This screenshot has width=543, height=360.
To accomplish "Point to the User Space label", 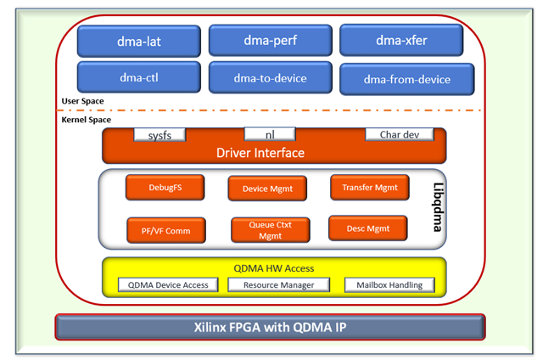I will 83,102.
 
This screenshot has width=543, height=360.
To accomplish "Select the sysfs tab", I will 159,134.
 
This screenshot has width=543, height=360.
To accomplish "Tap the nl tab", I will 270,133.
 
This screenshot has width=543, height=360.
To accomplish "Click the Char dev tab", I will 399,133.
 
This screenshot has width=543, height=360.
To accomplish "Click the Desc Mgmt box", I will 367,228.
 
